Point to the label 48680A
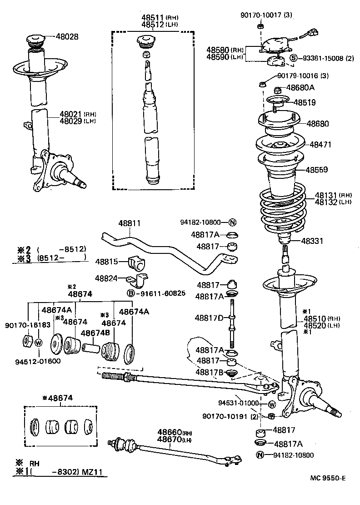point(300,87)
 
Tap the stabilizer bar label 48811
point(130,224)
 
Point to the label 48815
point(106,262)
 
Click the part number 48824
point(106,278)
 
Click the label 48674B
point(95,333)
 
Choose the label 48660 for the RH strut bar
point(170,431)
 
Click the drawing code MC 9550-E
point(328,478)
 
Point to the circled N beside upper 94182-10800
point(232,222)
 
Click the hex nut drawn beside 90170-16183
point(26,341)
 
